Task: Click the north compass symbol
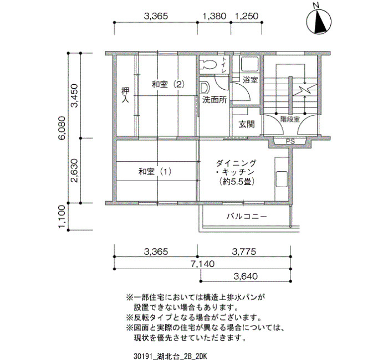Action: [319, 20]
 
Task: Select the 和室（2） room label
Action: [168, 85]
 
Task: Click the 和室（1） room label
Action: [155, 171]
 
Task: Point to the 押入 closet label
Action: [125, 95]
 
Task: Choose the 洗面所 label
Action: [215, 100]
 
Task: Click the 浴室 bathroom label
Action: [250, 80]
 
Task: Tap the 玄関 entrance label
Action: [247, 124]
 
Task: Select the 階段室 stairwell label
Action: [290, 120]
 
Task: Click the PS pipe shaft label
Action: [290, 142]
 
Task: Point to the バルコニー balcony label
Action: [247, 217]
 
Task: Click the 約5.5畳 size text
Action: [237, 182]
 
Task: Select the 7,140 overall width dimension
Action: [202, 264]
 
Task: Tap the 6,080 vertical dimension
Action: [62, 128]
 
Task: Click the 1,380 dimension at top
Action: [215, 16]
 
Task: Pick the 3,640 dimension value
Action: [246, 276]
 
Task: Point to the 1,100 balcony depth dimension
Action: [62, 217]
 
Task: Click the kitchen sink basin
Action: [282, 179]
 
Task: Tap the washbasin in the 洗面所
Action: [205, 88]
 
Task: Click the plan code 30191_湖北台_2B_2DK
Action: [170, 356]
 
